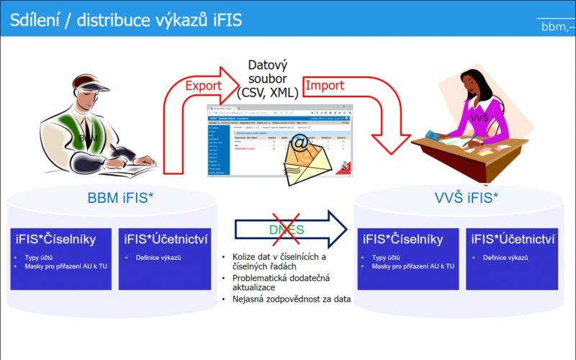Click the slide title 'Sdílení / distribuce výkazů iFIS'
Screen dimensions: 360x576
tap(125, 19)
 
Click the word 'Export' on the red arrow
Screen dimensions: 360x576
tap(204, 86)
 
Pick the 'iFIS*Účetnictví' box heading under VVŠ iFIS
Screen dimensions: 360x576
tap(510, 239)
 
